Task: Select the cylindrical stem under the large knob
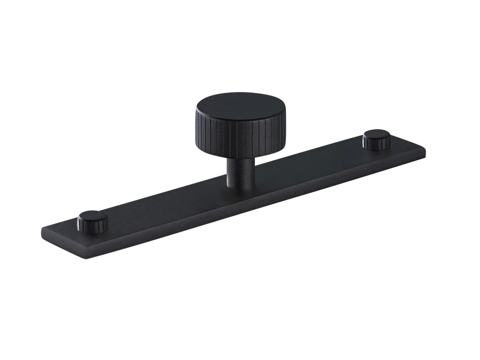click(x=240, y=171)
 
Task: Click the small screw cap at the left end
click(x=93, y=221)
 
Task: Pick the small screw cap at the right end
click(x=377, y=139)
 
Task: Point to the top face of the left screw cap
click(x=93, y=217)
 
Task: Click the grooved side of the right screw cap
click(x=376, y=144)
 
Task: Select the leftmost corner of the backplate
click(x=41, y=230)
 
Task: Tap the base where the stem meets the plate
click(x=240, y=186)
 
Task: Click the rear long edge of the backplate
click(x=305, y=149)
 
